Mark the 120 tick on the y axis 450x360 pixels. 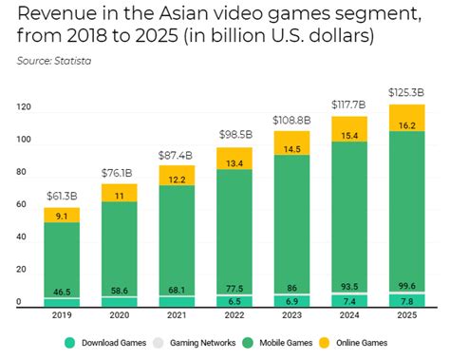click(x=24, y=108)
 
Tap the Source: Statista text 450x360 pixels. click(x=59, y=61)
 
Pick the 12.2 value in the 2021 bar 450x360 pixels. click(x=176, y=180)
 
